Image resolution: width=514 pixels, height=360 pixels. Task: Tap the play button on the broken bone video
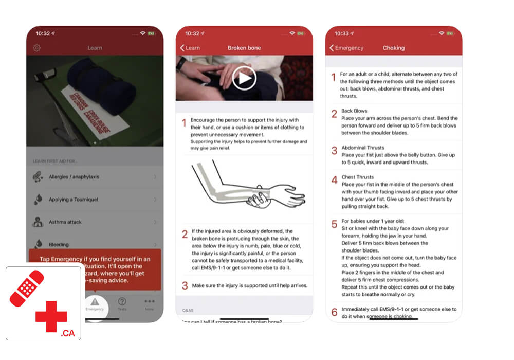coord(244,78)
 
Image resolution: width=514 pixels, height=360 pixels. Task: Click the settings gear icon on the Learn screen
coord(36,48)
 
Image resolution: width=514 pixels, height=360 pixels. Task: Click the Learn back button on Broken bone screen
coord(190,48)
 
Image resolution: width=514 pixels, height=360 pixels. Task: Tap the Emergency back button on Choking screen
coord(346,48)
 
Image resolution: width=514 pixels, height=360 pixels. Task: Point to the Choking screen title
coord(393,48)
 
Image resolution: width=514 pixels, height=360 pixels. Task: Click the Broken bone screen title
coord(244,48)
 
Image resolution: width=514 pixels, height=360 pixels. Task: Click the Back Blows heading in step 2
coord(354,111)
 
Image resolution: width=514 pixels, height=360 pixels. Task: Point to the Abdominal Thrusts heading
coord(362,148)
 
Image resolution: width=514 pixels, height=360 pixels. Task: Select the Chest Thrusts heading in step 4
coord(358,177)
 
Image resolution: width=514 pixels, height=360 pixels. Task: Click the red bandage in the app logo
coord(27,289)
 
